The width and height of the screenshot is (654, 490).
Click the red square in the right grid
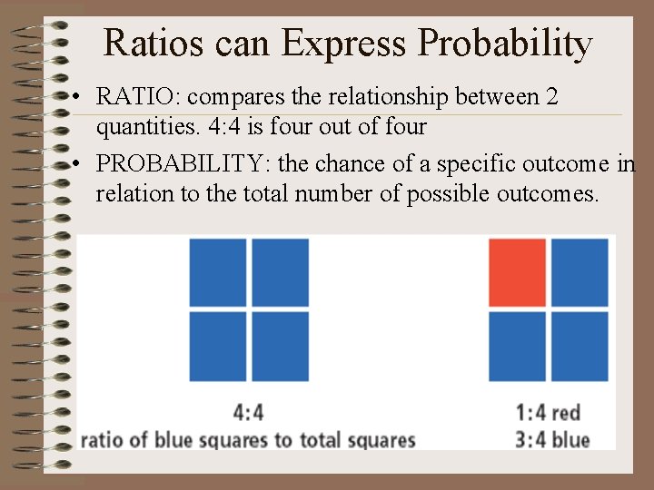(517, 272)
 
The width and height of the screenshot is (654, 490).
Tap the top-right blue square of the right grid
(580, 272)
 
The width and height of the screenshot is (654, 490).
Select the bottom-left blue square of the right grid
(517, 347)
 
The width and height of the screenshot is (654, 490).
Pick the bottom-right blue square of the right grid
(580, 347)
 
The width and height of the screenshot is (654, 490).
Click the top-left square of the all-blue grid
(218, 272)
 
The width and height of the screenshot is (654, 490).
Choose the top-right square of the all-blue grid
(280, 272)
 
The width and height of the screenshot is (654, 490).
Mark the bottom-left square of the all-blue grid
(218, 347)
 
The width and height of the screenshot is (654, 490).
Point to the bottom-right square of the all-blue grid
(280, 347)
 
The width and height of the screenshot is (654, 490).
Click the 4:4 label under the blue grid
(248, 412)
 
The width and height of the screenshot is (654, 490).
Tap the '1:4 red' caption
(548, 413)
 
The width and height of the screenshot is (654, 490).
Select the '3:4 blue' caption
(552, 440)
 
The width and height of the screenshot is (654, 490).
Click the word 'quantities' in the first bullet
(140, 127)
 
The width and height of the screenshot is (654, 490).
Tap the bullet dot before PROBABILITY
(82, 164)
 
